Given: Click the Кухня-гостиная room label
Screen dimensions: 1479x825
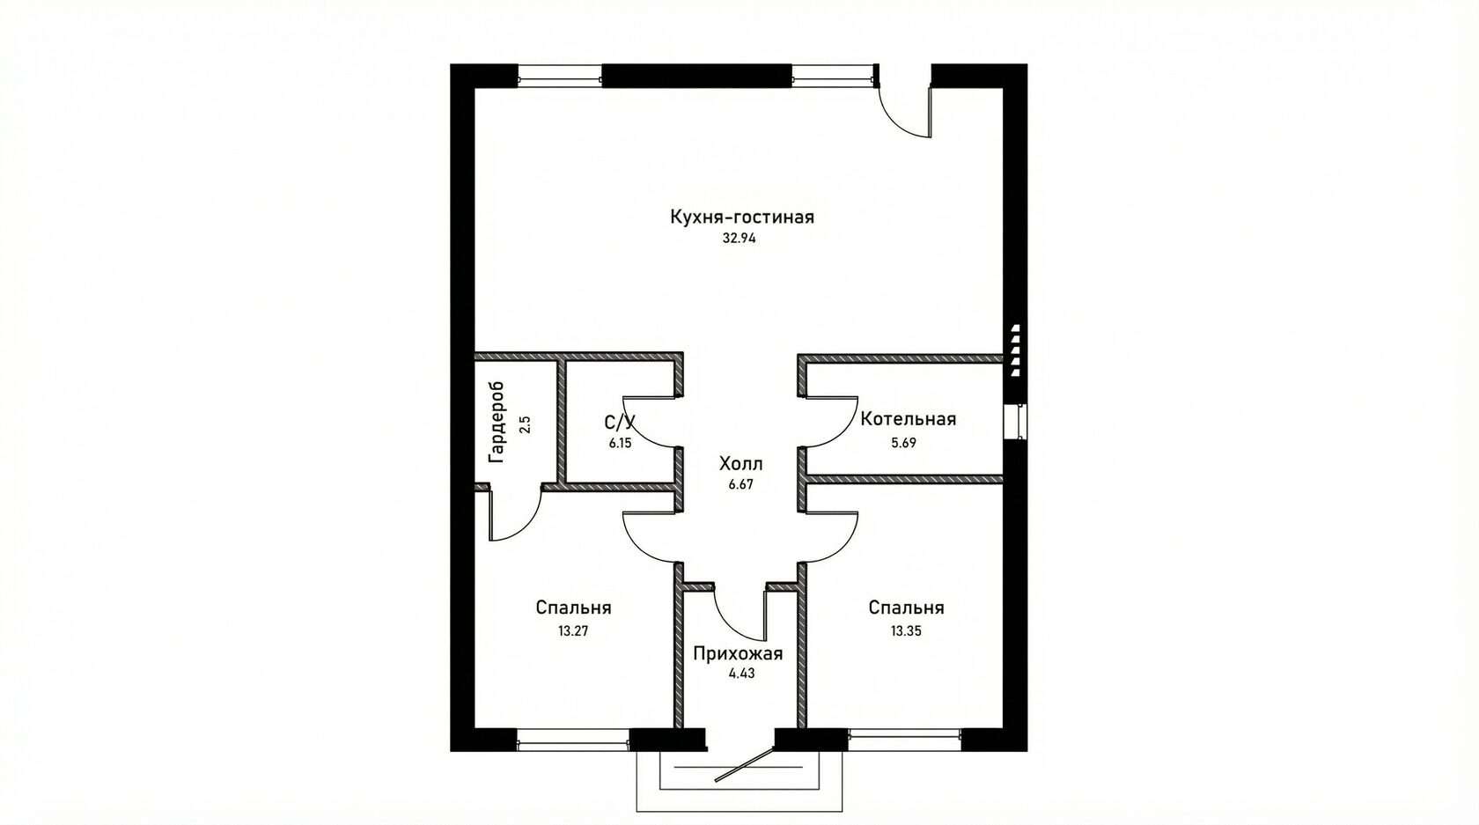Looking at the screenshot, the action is [741, 217].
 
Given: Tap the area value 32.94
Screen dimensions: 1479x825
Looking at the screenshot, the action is [739, 239].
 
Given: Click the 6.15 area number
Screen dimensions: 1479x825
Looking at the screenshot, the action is [620, 443].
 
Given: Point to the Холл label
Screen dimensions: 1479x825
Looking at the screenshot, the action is [741, 464].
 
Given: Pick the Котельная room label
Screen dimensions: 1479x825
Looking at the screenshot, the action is [908, 419].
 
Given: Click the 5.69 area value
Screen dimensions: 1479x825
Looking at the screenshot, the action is [903, 443].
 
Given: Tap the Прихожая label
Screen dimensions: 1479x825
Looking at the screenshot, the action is [738, 654].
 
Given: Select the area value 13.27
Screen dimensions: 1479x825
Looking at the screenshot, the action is [572, 630].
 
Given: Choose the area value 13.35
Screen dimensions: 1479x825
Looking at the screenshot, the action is [906, 630].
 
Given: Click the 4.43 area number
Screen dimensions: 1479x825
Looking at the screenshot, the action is [741, 674].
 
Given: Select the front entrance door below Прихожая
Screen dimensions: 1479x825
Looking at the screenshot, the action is [744, 763].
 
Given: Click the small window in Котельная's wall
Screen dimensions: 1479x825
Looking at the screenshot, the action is [1015, 421].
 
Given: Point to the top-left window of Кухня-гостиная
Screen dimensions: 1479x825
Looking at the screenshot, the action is [560, 75].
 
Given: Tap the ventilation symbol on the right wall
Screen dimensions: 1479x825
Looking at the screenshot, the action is [1016, 350].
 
